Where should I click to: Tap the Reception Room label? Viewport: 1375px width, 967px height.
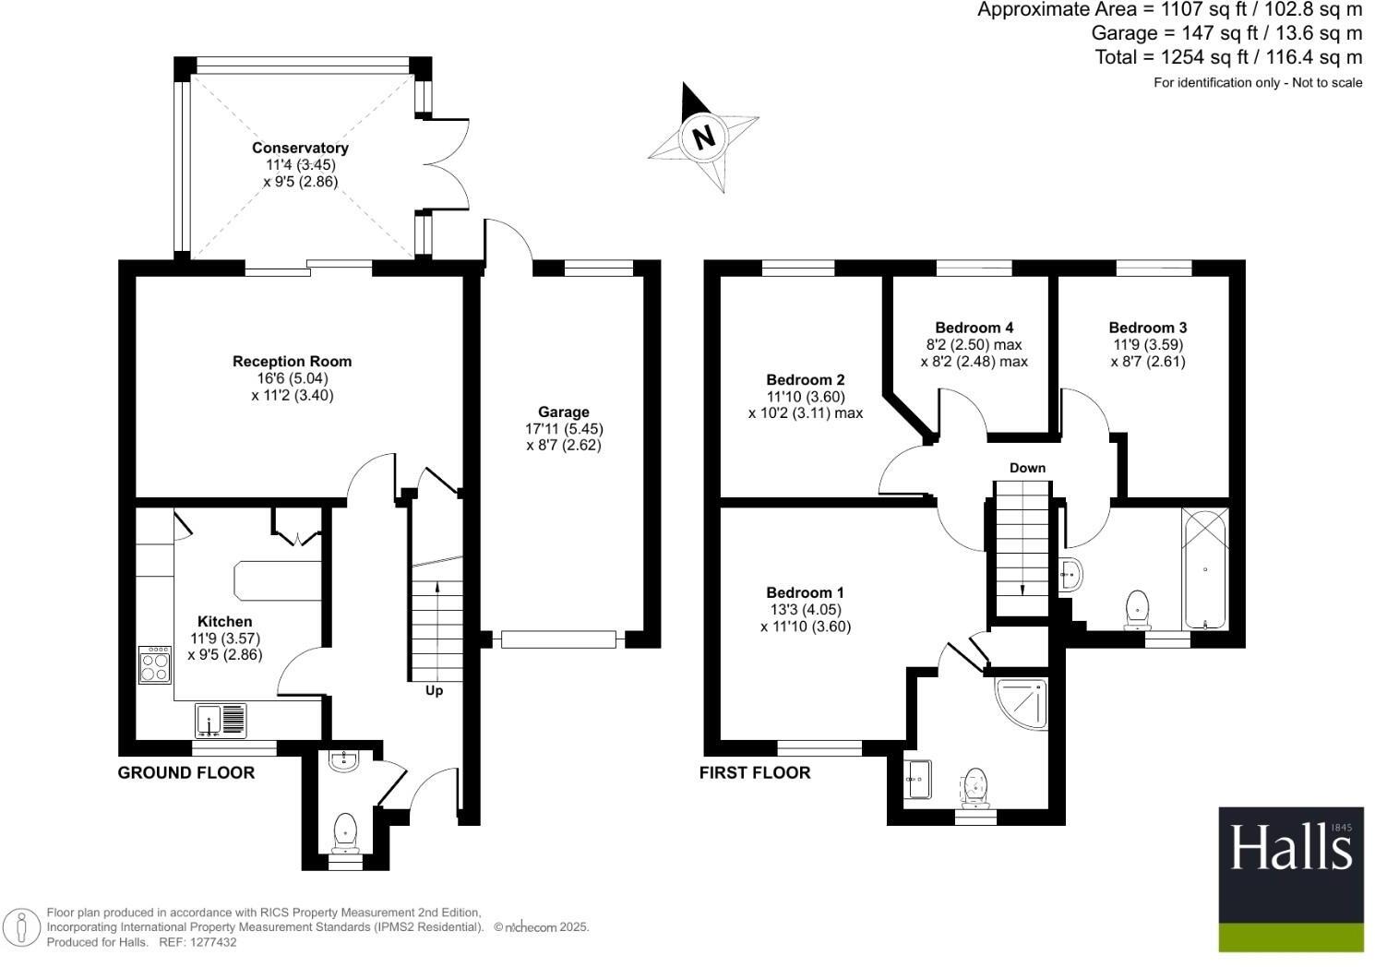(292, 362)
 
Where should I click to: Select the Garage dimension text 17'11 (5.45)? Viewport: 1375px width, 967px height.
(564, 429)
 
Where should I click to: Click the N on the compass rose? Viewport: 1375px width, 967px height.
(704, 137)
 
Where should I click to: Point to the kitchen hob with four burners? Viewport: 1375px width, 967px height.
(155, 665)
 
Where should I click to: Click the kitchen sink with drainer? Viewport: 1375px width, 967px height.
(221, 721)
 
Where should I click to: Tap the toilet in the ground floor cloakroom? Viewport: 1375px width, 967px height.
(345, 830)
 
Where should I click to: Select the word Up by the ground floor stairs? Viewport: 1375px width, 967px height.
(434, 690)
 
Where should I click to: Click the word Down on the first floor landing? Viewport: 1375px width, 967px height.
(1027, 468)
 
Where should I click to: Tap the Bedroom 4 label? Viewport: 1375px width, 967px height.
(974, 328)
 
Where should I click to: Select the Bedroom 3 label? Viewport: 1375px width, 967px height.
(1147, 328)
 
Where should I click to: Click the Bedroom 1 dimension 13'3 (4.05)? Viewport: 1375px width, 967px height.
(805, 610)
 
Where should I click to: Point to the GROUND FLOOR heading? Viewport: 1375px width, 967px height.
(185, 773)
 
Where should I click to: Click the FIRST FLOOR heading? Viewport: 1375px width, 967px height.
(754, 773)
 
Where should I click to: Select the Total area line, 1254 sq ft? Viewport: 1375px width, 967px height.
(1227, 57)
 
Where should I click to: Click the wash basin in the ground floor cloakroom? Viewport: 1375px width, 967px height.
(344, 760)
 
